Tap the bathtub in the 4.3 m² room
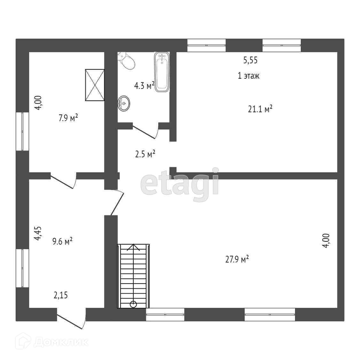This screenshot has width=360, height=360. [x=162, y=72]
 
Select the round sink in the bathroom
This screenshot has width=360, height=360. [x=124, y=103]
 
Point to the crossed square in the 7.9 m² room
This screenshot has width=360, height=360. [x=95, y=85]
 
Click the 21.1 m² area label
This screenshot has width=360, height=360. [x=260, y=109]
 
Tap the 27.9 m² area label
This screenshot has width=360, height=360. [x=237, y=259]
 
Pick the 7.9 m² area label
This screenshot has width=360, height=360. [x=68, y=118]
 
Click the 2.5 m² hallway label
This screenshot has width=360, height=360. [x=145, y=154]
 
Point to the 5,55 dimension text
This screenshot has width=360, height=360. [x=250, y=60]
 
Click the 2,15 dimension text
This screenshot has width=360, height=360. [x=60, y=295]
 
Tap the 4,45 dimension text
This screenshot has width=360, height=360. [x=38, y=233]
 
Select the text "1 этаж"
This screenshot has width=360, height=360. [x=248, y=76]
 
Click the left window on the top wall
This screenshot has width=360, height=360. [x=207, y=45]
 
